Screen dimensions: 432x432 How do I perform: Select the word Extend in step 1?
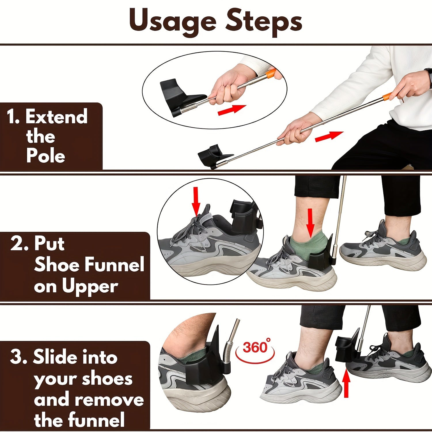click(56, 117)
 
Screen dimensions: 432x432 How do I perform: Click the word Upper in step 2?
click(90, 286)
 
